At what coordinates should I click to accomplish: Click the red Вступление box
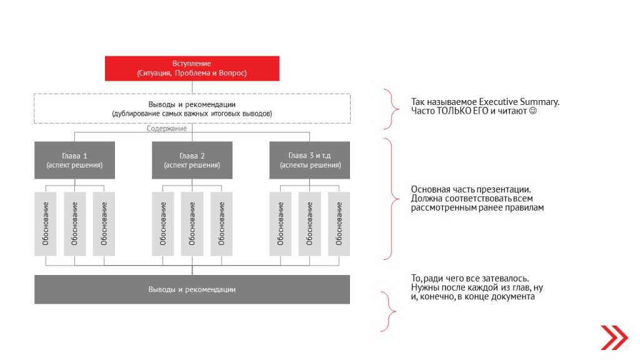[192, 69]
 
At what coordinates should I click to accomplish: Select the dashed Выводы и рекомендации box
[192, 109]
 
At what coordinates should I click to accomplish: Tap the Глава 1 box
[74, 160]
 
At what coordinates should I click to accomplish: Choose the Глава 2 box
[192, 160]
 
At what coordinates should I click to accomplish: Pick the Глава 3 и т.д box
[310, 160]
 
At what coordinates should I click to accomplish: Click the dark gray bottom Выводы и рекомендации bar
[192, 289]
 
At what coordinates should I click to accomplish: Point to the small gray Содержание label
[167, 129]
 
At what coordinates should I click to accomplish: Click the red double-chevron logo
[613, 337]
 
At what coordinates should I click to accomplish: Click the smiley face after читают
[533, 111]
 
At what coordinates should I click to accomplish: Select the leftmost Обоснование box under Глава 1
[45, 224]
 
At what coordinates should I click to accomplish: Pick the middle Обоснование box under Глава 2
[192, 224]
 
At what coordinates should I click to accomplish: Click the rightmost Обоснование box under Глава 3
[339, 224]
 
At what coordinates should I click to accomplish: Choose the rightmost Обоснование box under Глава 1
[104, 224]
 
